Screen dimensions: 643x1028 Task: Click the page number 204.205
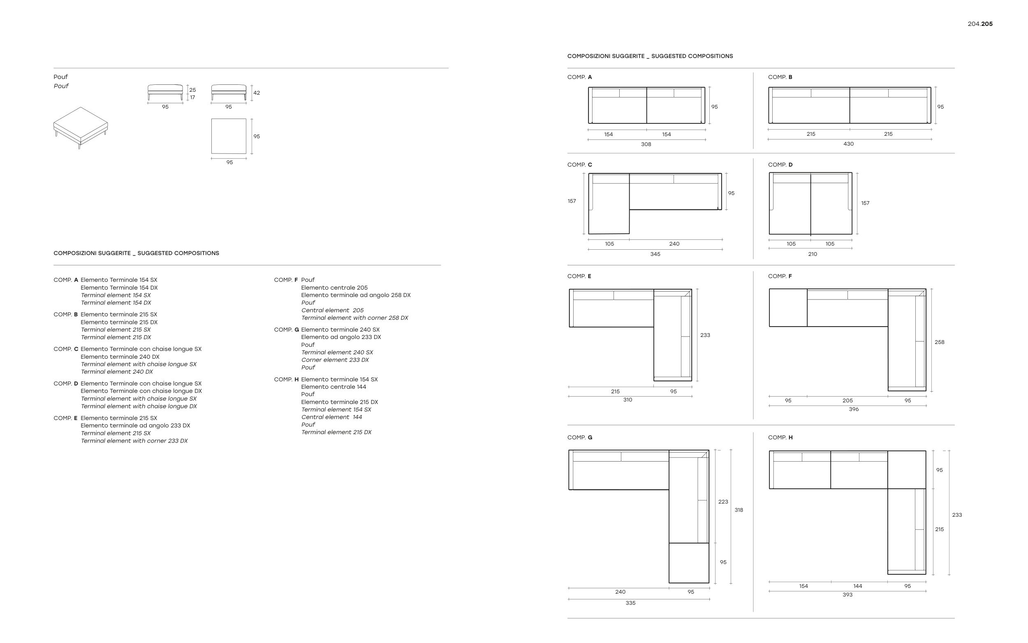980,24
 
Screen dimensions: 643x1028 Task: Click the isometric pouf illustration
80,127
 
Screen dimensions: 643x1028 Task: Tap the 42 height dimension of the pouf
257,93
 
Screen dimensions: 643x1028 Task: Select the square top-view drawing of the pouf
229,136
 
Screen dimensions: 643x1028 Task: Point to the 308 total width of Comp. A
646,144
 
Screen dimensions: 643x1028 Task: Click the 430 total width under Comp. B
848,144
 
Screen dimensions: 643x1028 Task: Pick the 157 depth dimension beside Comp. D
865,203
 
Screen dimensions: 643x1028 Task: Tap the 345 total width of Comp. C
655,254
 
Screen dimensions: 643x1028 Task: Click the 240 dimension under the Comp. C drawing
674,244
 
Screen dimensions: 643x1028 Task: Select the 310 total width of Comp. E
627,400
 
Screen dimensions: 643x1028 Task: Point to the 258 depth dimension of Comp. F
939,342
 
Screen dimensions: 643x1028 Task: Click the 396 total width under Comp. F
853,409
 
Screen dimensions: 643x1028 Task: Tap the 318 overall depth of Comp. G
739,510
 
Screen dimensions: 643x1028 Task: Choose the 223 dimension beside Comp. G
723,502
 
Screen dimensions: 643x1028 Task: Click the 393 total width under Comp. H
847,594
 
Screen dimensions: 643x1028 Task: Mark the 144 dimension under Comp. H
858,586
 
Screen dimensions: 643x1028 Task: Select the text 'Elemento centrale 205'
334,288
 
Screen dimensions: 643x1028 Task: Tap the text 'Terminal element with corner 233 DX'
134,441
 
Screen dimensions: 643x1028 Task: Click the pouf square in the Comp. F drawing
788,308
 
